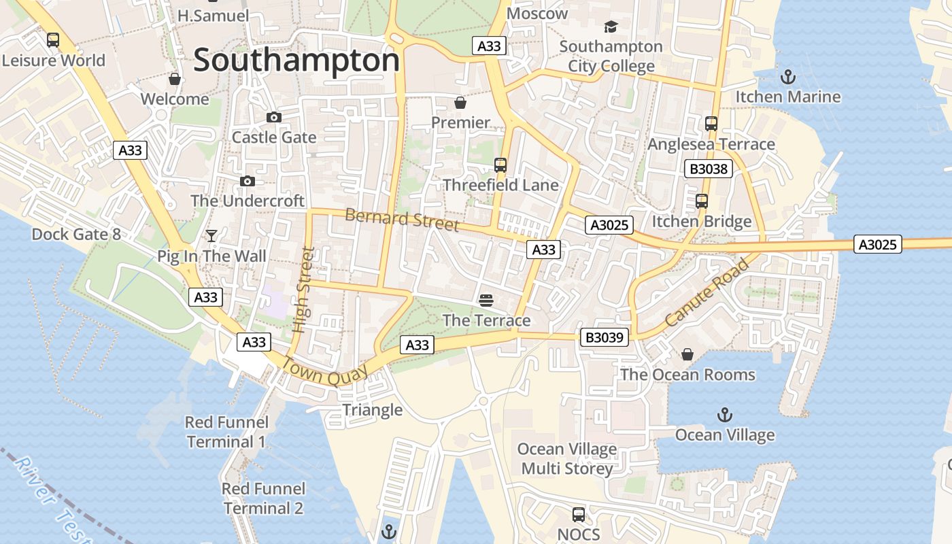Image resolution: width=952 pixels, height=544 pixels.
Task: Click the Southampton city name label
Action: [x=296, y=61]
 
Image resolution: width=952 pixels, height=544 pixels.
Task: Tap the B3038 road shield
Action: [x=709, y=169]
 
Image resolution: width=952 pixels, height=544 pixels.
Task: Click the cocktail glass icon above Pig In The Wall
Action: [x=211, y=235]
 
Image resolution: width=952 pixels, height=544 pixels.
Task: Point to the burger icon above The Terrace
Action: [x=486, y=300]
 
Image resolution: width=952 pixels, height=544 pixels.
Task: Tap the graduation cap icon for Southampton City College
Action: [x=611, y=27]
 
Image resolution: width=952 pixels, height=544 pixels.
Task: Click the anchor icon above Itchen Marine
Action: [x=787, y=76]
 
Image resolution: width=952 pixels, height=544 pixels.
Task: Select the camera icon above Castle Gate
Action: [x=274, y=117]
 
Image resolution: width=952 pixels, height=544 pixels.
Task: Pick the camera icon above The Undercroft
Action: [x=248, y=181]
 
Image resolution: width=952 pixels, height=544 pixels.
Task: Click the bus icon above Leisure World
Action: [x=53, y=40]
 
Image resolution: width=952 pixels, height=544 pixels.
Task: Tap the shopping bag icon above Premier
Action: [x=460, y=103]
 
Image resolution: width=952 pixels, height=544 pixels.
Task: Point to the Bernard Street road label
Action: [x=402, y=220]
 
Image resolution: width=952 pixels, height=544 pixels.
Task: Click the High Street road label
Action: [x=303, y=289]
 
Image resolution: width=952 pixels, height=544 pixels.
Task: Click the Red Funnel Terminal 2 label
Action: [x=264, y=498]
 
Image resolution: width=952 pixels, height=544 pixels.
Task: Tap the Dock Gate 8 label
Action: [x=76, y=235]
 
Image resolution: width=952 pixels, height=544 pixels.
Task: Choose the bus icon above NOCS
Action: [x=579, y=514]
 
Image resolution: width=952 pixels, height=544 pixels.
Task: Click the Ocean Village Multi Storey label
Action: [x=567, y=459]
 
